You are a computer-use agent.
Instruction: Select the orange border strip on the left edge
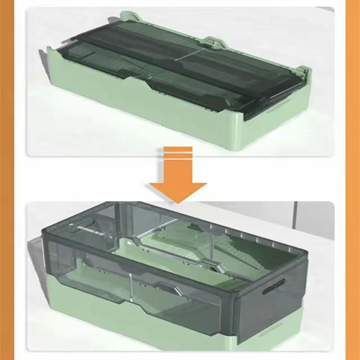(11, 180)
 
